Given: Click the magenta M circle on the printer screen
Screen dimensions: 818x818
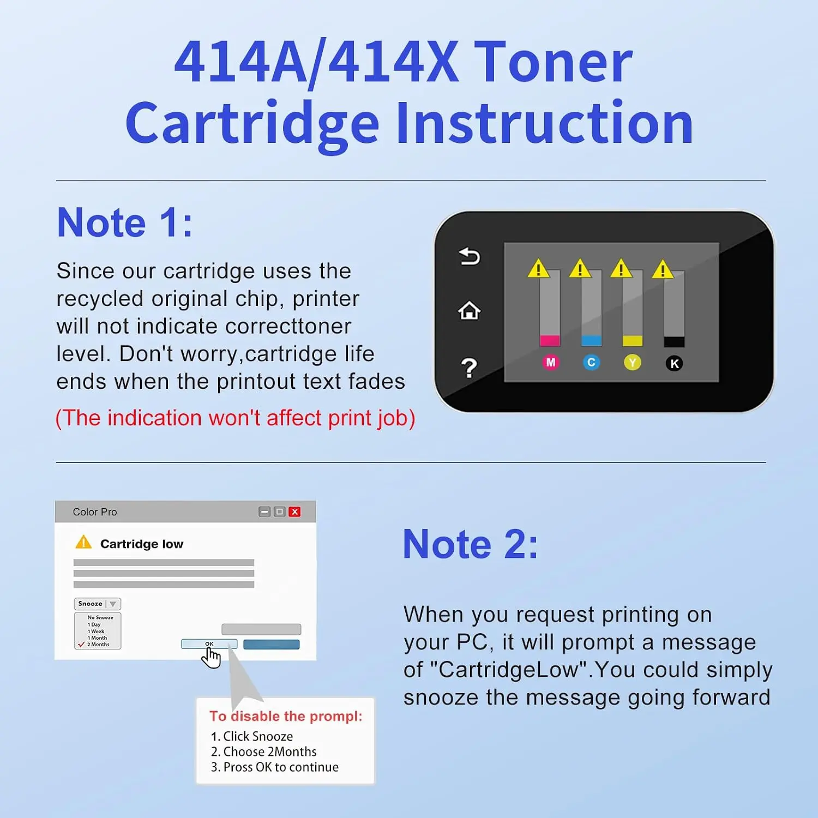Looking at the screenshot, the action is (551, 363).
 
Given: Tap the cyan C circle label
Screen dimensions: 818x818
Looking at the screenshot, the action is (591, 363).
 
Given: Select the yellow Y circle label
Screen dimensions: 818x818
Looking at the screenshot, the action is (633, 363).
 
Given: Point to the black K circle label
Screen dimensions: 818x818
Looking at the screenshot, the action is (675, 364).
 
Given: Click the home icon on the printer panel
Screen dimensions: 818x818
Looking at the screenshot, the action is (469, 311).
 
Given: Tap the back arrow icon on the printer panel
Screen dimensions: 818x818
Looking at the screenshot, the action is (469, 256).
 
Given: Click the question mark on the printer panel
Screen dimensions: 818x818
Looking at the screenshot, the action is (469, 368).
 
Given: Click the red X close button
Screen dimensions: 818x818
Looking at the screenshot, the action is (295, 512).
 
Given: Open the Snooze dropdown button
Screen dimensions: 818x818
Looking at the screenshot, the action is (98, 604).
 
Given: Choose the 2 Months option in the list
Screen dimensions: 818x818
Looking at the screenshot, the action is (98, 645).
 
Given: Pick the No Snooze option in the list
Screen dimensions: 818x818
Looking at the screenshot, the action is (100, 617).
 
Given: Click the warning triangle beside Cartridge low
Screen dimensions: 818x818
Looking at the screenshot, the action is (83, 542).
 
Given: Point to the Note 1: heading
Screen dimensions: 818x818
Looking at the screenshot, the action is (125, 222).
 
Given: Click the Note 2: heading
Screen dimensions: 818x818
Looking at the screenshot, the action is (471, 544).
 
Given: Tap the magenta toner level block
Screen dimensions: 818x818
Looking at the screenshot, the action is (550, 341).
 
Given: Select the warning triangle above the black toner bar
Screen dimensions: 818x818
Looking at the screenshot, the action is (663, 269).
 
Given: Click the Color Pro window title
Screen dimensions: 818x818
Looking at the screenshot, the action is (95, 512).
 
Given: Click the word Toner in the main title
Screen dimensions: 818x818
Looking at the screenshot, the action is (553, 62).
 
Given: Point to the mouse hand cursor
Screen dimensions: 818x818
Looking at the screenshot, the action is (211, 657).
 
